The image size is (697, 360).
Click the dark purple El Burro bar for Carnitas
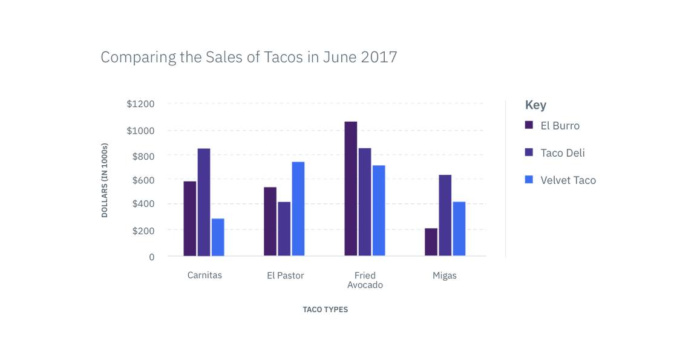tap(190, 218)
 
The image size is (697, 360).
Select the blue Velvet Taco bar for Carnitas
tap(218, 237)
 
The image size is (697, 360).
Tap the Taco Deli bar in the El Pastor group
tap(284, 228)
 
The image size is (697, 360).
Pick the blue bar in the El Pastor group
tap(298, 208)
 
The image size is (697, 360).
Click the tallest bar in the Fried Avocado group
tap(351, 188)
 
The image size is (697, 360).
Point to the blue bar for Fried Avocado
tap(379, 210)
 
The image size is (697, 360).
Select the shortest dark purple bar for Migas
tap(431, 241)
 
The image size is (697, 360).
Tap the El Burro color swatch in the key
tap(528, 125)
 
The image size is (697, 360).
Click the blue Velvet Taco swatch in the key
tap(528, 180)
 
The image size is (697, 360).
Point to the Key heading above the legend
tap(535, 105)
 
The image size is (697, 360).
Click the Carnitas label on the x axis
tap(204, 275)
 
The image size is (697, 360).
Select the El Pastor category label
tap(285, 275)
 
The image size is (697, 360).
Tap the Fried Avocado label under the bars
tap(365, 280)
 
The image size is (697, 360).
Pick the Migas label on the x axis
tap(445, 275)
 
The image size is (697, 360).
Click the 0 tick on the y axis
tap(152, 257)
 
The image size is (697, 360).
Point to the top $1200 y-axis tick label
tap(141, 104)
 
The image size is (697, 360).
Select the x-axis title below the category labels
tap(326, 309)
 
